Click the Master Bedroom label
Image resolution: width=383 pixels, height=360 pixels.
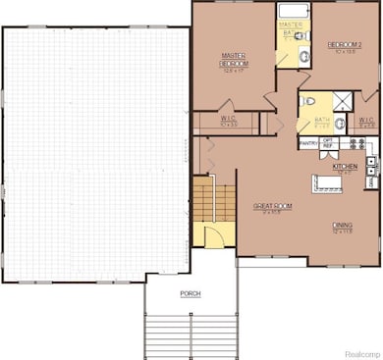pyautogui.click(x=234, y=60)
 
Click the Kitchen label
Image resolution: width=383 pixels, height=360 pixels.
pyautogui.click(x=345, y=167)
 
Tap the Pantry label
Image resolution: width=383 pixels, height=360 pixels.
pyautogui.click(x=305, y=142)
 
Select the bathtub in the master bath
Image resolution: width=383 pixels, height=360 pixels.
pyautogui.click(x=293, y=13)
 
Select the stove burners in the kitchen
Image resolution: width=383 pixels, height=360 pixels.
pyautogui.click(x=370, y=162)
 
